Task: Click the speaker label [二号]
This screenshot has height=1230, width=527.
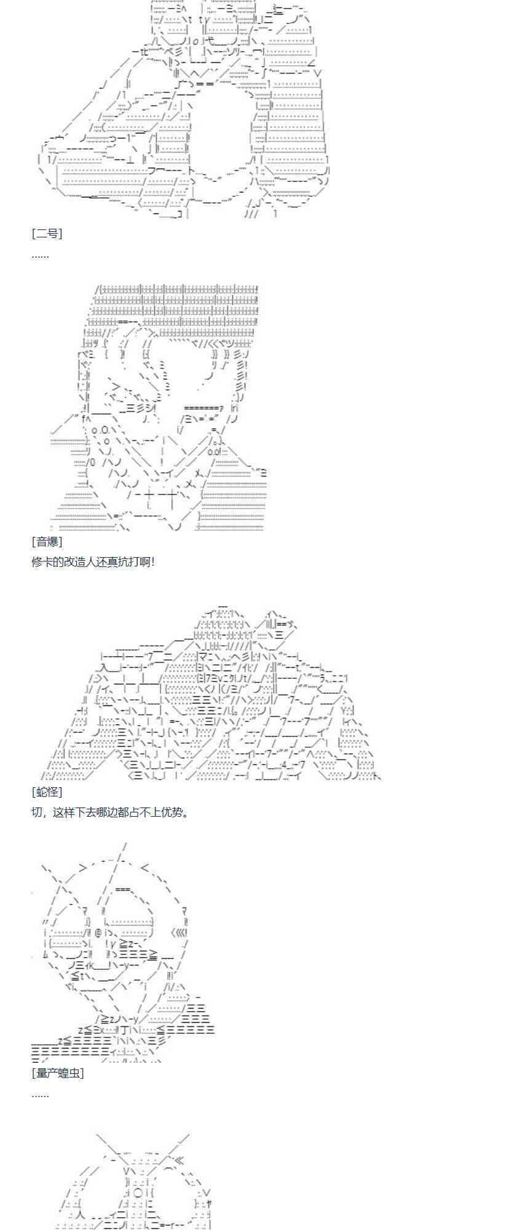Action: point(47,233)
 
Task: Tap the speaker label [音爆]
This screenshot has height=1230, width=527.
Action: point(47,541)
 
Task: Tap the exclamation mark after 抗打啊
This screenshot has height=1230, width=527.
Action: point(152,561)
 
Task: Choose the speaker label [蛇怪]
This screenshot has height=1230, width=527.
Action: point(47,792)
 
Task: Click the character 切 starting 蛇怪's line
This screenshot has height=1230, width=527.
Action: point(36,812)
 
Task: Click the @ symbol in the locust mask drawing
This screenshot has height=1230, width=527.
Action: point(98,933)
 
